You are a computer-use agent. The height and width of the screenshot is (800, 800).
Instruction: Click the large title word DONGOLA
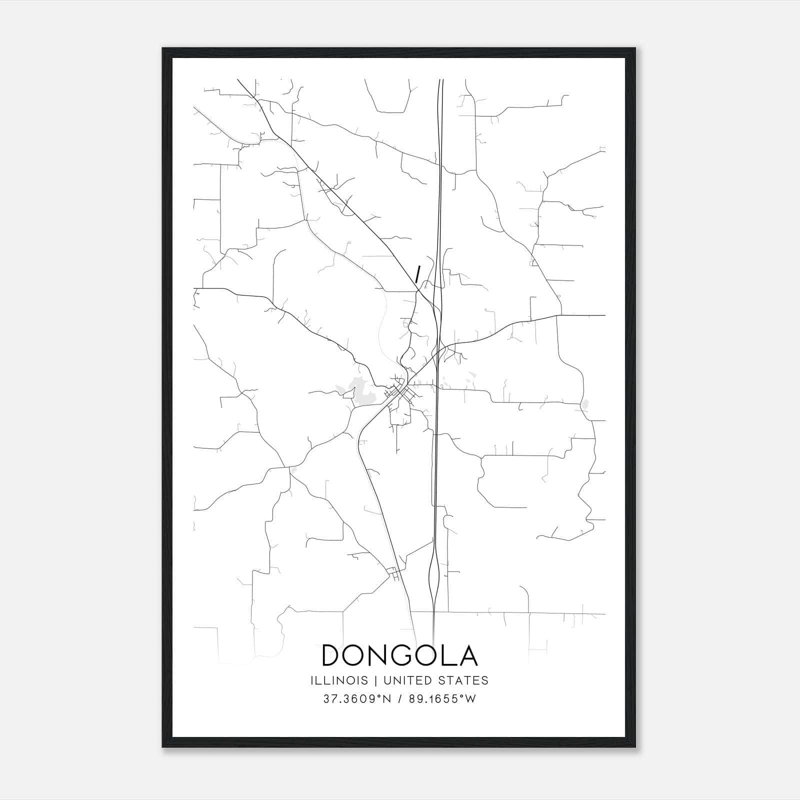click(x=399, y=655)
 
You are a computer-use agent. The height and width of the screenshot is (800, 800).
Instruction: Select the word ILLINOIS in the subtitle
click(x=339, y=680)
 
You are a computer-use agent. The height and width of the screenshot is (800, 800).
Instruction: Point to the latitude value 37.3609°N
click(x=357, y=699)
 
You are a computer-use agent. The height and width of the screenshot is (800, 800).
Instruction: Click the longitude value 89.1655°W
click(x=441, y=699)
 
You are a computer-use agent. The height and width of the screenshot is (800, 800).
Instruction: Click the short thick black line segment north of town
click(x=417, y=274)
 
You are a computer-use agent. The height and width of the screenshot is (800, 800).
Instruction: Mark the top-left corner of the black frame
click(x=163, y=48)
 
